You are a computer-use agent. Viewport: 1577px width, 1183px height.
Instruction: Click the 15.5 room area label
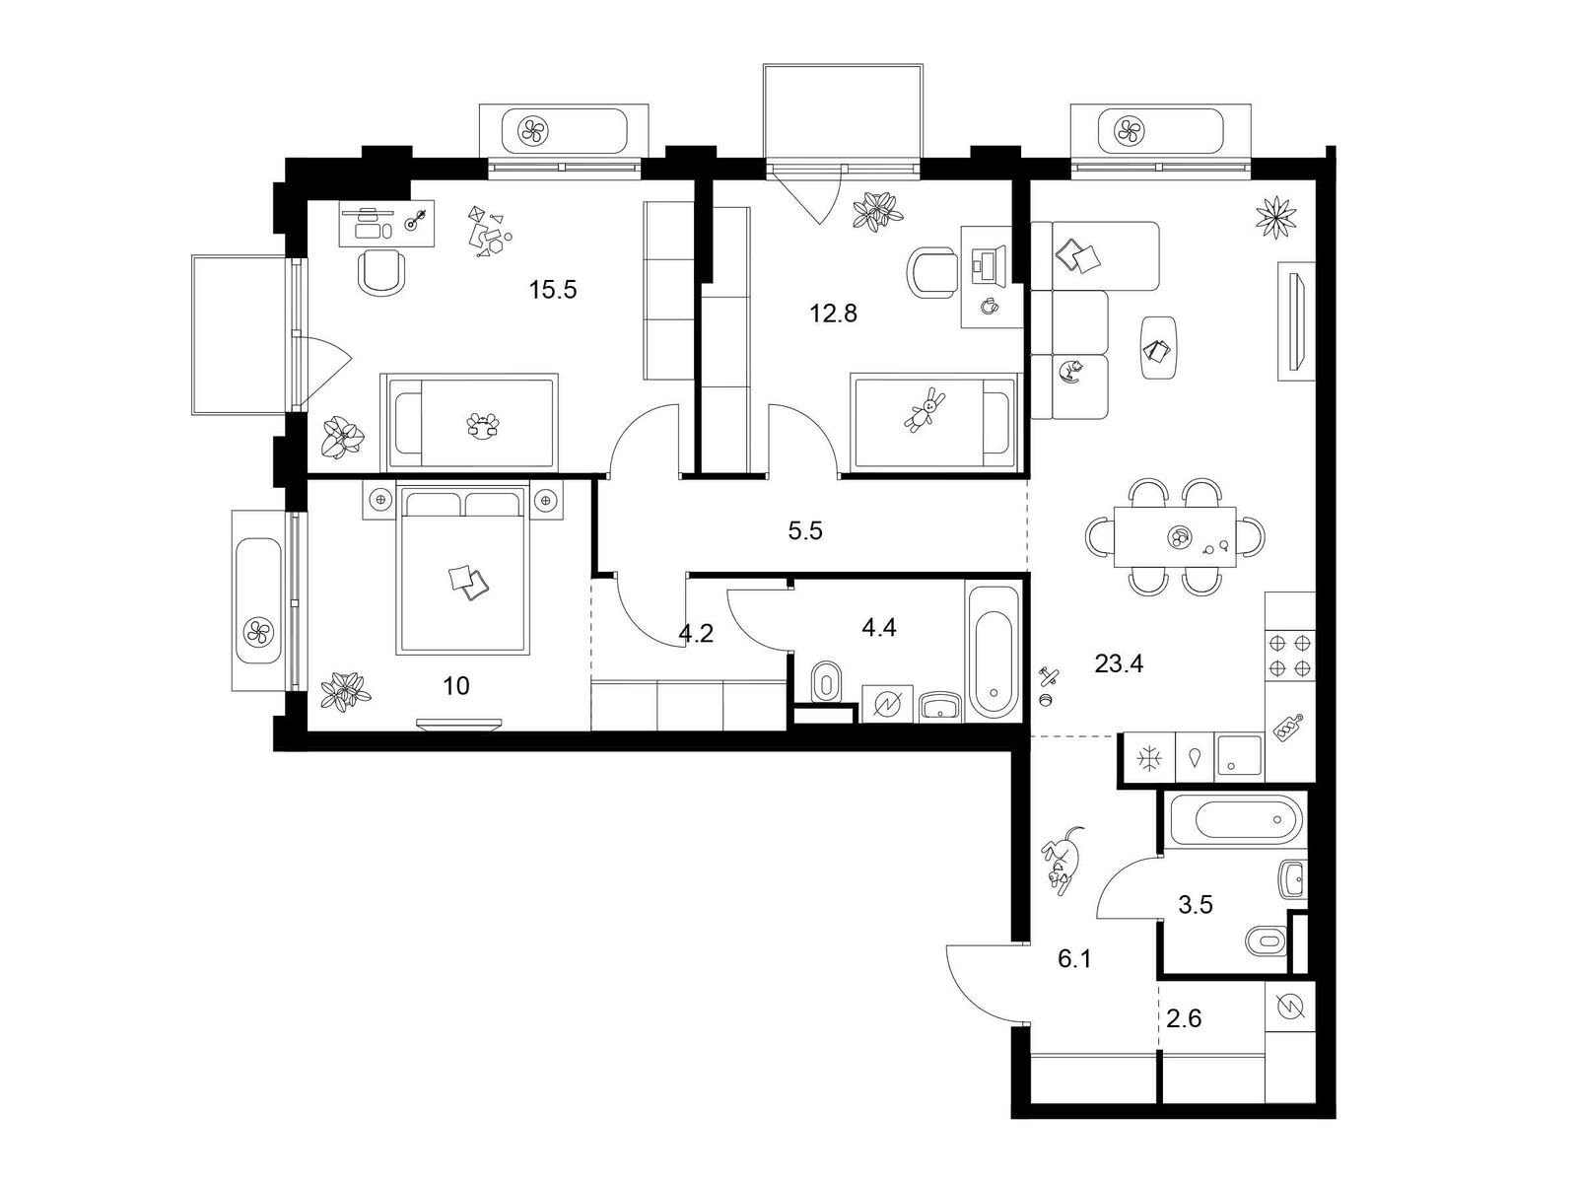[553, 290]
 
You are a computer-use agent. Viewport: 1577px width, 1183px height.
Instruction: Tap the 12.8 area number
[834, 313]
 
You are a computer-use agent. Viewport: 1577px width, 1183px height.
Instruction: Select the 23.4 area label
[1119, 663]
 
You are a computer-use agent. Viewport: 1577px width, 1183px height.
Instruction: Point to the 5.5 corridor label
[804, 530]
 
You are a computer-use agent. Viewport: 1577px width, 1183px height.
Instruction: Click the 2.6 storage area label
[1184, 1017]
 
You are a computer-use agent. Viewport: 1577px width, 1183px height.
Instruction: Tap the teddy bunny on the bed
[925, 409]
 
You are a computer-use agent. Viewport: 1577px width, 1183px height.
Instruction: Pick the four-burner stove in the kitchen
[1289, 655]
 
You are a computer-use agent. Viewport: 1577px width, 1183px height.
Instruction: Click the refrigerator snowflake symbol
[1146, 758]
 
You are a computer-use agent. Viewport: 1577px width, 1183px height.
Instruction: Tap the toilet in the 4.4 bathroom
[826, 681]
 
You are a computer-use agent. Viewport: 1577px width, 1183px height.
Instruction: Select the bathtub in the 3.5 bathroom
[1236, 819]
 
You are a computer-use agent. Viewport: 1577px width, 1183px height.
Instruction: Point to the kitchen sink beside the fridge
[1238, 755]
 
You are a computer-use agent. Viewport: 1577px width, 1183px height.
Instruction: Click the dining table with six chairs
[1175, 536]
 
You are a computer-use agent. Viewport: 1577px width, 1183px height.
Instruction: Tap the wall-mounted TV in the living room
[1295, 321]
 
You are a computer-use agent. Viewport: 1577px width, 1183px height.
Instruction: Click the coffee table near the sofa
[1159, 348]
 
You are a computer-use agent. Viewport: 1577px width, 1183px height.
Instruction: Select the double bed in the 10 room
[463, 570]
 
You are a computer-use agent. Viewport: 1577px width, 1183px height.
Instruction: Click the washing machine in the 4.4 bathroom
[887, 704]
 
